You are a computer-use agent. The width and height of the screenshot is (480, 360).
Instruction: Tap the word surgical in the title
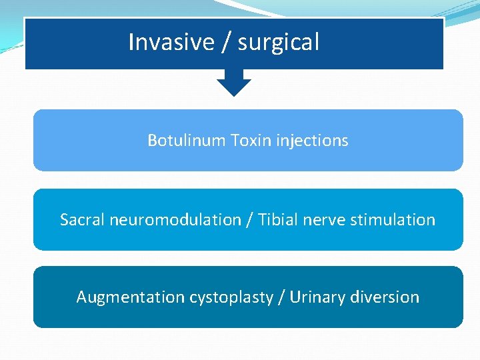(x=278, y=43)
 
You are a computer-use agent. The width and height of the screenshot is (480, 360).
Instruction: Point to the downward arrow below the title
(x=234, y=83)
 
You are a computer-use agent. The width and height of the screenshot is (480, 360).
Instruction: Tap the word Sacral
(x=81, y=219)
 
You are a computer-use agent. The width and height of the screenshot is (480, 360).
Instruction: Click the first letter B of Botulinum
(x=152, y=141)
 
